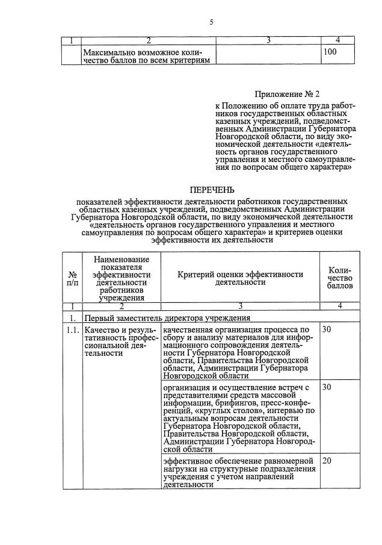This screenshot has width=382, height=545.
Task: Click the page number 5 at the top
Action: (x=211, y=22)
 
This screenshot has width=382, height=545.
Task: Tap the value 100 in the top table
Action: (x=330, y=52)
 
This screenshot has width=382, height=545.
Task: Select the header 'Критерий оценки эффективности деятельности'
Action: (x=240, y=278)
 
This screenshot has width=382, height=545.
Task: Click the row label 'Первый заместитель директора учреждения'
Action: (x=166, y=317)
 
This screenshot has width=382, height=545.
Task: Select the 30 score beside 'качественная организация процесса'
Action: (x=327, y=330)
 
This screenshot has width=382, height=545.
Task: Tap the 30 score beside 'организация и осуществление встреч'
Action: (x=327, y=387)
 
